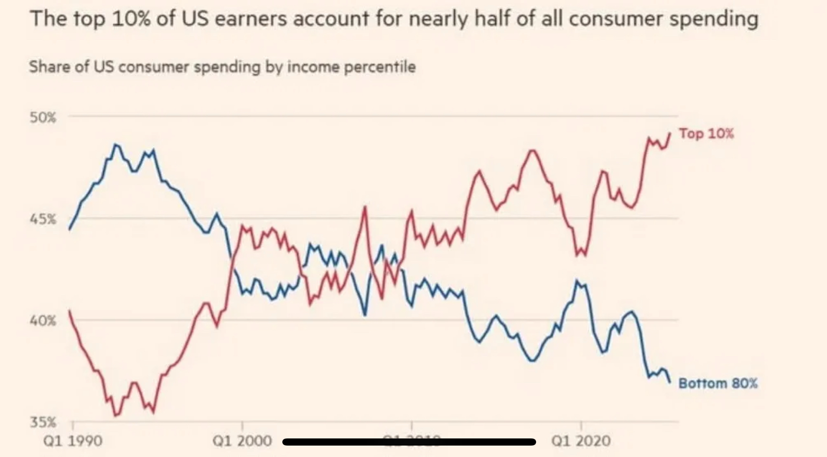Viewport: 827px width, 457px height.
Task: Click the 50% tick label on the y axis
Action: (x=43, y=118)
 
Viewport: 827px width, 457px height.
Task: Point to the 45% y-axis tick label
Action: (x=43, y=219)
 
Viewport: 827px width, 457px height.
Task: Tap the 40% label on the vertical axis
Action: (x=43, y=321)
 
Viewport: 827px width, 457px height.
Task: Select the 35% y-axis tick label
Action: (x=43, y=422)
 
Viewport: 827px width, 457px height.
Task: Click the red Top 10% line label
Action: (x=706, y=133)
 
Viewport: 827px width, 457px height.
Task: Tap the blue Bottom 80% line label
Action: (x=718, y=383)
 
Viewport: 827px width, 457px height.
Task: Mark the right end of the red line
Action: (x=670, y=133)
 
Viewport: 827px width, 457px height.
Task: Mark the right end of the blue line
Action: (x=670, y=382)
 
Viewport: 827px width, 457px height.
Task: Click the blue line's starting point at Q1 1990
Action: (x=69, y=229)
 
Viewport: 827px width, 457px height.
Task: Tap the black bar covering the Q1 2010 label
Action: (x=409, y=442)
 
